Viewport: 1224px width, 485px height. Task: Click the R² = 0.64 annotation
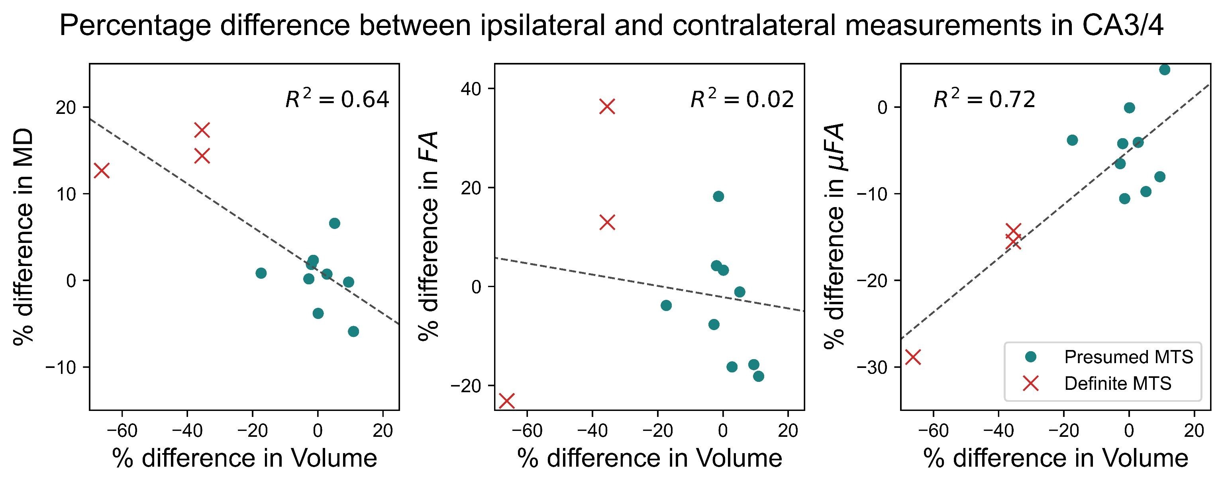pyautogui.click(x=337, y=100)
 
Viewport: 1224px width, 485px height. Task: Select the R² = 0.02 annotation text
pyautogui.click(x=742, y=100)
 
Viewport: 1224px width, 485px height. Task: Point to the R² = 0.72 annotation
pyautogui.click(x=984, y=100)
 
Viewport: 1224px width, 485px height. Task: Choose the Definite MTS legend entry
pyautogui.click(x=1118, y=383)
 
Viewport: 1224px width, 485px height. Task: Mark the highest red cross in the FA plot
pyautogui.click(x=607, y=106)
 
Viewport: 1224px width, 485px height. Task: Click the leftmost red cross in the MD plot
pyautogui.click(x=102, y=170)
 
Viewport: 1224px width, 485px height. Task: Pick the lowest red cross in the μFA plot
pyautogui.click(x=913, y=357)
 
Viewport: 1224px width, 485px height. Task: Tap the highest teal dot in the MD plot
pyautogui.click(x=335, y=223)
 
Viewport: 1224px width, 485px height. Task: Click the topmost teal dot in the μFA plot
pyautogui.click(x=1165, y=70)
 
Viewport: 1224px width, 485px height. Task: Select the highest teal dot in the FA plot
pyautogui.click(x=718, y=196)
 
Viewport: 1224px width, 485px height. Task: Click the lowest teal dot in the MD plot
pyautogui.click(x=353, y=332)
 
